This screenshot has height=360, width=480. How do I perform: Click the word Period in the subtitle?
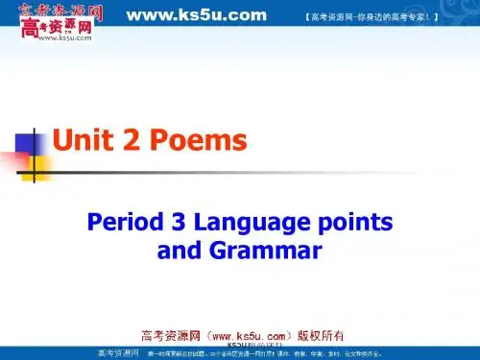pos(119,224)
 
